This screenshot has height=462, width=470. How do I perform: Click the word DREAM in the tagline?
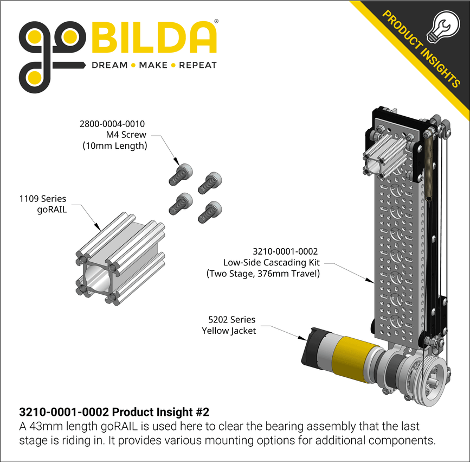(x=109, y=65)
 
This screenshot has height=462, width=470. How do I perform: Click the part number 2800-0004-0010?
(x=112, y=124)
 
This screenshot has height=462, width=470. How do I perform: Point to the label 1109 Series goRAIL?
(x=43, y=205)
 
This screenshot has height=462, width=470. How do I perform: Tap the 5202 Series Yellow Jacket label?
(x=228, y=325)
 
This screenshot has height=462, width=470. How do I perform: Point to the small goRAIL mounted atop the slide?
(x=385, y=151)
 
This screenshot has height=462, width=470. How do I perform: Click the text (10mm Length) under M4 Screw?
(x=114, y=145)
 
